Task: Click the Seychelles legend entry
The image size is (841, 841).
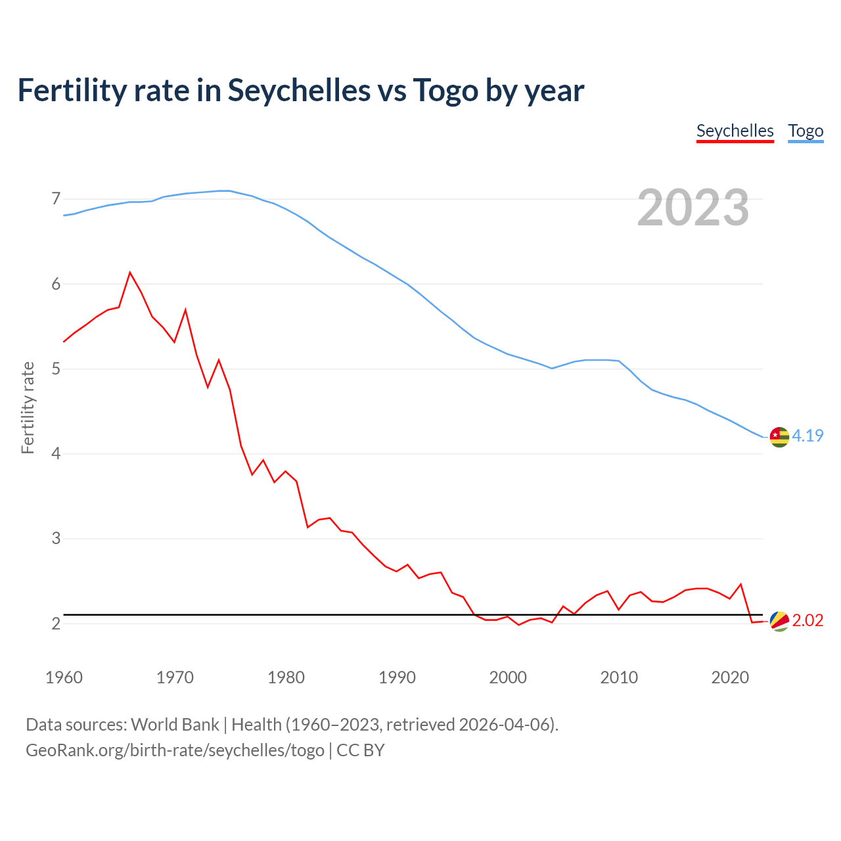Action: point(735,131)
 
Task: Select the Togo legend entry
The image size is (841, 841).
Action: point(806,131)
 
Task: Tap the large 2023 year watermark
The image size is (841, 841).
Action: point(693,208)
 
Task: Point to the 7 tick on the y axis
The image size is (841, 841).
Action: point(56,198)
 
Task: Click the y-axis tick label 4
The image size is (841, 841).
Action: point(56,453)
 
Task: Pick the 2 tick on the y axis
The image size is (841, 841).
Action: point(56,623)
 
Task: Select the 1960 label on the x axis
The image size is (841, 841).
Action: point(64,677)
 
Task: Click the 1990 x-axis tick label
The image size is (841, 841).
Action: point(397,677)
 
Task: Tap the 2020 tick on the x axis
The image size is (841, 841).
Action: point(730,677)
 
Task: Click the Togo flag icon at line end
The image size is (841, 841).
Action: point(779,437)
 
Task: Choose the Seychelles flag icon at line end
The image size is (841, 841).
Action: point(779,621)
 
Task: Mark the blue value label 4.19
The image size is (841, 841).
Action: point(807,436)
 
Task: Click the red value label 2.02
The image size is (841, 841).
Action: point(807,621)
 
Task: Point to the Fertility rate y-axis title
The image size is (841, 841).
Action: point(28,407)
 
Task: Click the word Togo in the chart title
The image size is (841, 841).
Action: point(445,90)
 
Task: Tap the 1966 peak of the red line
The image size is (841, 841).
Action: point(130,272)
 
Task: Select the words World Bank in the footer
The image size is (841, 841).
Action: point(175,725)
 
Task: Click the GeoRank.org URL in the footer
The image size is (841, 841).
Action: point(175,750)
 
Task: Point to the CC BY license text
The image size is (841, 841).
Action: point(360,750)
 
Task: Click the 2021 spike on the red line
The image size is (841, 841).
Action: point(740,584)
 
